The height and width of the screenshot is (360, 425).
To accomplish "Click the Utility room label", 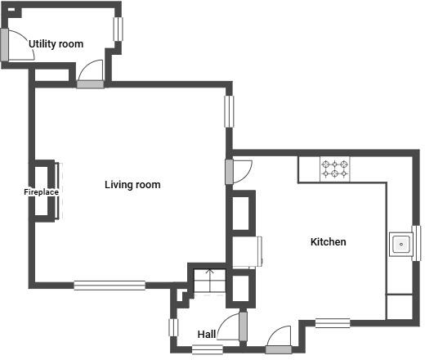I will point(56,43).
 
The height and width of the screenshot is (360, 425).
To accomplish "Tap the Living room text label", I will point(132,185).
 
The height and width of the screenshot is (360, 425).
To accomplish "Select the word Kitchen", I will point(328,242).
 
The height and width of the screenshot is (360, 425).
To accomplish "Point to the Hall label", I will point(207,334).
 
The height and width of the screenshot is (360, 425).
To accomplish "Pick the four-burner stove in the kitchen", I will point(334,169).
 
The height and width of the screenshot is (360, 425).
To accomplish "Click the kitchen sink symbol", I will point(401,244).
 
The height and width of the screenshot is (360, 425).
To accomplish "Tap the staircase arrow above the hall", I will point(209,274).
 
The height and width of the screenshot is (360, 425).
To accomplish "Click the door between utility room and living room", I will point(90,83).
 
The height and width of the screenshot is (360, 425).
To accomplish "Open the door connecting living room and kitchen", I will point(230,172).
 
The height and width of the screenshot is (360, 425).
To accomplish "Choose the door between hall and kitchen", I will point(243,326).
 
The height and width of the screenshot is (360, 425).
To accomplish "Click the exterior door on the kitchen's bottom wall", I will point(278,350).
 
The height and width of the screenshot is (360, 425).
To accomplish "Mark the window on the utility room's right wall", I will point(119,29).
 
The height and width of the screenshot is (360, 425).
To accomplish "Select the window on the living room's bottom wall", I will point(110,285).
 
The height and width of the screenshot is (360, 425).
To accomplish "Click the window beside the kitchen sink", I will point(416,244).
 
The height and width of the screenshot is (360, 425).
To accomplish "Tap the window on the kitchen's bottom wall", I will point(333,322).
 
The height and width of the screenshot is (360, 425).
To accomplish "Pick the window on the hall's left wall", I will point(173,327).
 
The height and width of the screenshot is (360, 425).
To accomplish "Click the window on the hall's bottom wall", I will point(208,350).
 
